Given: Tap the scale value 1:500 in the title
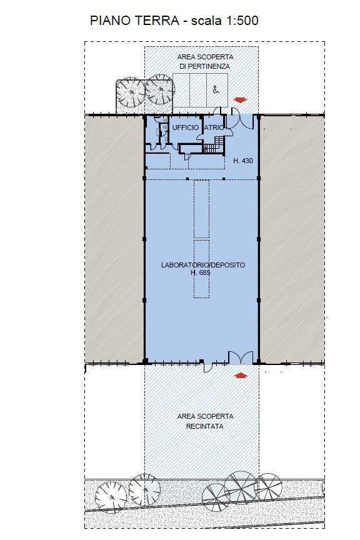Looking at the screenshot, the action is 242,21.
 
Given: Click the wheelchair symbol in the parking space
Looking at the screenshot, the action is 216,90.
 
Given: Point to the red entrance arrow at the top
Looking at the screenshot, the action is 240,100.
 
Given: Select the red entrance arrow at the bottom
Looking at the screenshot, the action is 241,375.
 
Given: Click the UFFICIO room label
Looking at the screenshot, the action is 186,127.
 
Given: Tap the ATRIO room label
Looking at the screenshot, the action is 214,127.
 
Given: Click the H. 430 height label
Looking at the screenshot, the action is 243,161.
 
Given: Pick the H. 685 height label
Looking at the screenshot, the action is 201,272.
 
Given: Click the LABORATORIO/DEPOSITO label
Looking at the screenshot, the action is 203,265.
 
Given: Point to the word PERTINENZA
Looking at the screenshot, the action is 204,66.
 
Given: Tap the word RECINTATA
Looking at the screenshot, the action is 204,426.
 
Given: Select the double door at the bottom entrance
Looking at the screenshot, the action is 241,358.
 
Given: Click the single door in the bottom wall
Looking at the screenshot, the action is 207,366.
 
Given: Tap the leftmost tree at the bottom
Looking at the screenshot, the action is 111,497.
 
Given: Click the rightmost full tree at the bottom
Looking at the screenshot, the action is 268,487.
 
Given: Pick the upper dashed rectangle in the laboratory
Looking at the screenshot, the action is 201,209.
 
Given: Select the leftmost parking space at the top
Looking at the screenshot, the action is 181,90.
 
